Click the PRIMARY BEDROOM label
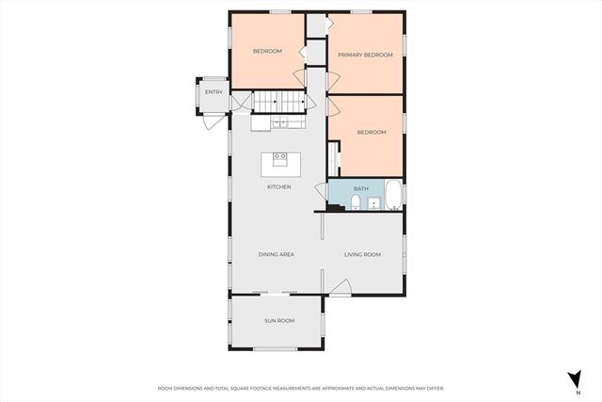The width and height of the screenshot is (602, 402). coord(365,56)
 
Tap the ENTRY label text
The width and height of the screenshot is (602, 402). coord(214,91)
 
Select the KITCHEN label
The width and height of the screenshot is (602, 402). coord(278,187)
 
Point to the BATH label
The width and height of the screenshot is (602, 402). coord(361,188)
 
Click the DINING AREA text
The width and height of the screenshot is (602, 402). coord(277,254)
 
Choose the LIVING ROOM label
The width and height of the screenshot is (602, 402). coord(362,254)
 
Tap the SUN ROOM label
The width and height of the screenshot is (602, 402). coord(278,321)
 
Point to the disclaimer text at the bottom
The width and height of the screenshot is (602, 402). coord(301,388)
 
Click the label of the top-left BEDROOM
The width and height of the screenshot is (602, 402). coord(267,51)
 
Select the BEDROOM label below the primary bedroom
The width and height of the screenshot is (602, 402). coord(371,132)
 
